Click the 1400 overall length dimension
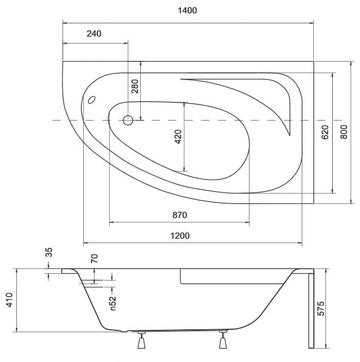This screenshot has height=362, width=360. pos(187,10)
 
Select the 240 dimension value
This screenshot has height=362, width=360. pos(94,34)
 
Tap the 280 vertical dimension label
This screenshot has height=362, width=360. pos(135,86)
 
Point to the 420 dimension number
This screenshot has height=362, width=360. pos(178,137)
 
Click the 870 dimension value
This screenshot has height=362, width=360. pos(180,215)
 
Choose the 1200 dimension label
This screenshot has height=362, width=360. pos(180,236)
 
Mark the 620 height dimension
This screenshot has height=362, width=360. pos(325,132)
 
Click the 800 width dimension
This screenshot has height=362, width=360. pos(344,132)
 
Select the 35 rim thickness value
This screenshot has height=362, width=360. pos(49,252)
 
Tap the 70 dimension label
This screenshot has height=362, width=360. pos(94,258)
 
